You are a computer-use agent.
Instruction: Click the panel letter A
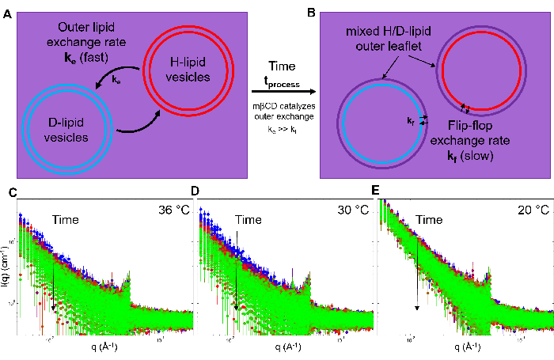point(6,10)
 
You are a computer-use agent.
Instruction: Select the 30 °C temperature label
point(352,210)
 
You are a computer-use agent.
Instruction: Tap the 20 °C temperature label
point(532,210)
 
